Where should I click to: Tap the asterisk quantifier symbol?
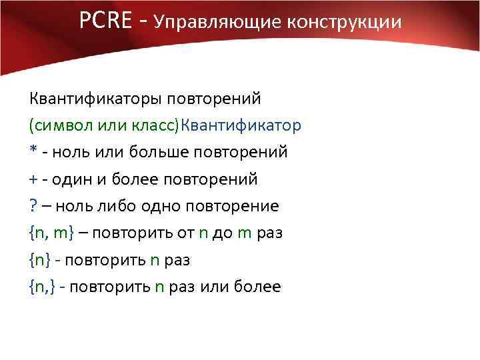pos(33,151)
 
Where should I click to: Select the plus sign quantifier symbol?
pos(33,179)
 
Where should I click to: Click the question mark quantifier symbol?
pos(33,206)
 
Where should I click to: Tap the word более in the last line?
pos(258,287)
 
